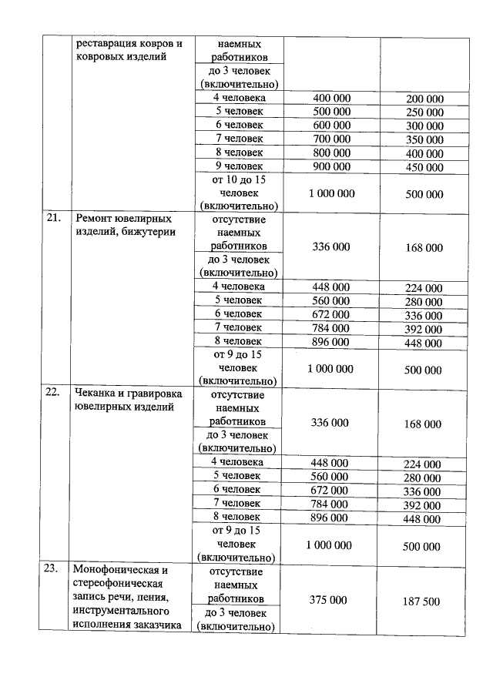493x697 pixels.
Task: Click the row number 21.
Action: (52, 218)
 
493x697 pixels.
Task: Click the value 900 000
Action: (331, 166)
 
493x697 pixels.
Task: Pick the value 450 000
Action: (424, 167)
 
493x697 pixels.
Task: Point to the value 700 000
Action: (331, 139)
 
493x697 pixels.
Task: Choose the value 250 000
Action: (424, 112)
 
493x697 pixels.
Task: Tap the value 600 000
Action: (331, 125)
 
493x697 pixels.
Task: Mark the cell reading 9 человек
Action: (239, 166)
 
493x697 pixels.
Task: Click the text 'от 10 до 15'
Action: (239, 179)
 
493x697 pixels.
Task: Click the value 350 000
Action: (424, 139)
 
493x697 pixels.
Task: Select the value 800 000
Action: (331, 152)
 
